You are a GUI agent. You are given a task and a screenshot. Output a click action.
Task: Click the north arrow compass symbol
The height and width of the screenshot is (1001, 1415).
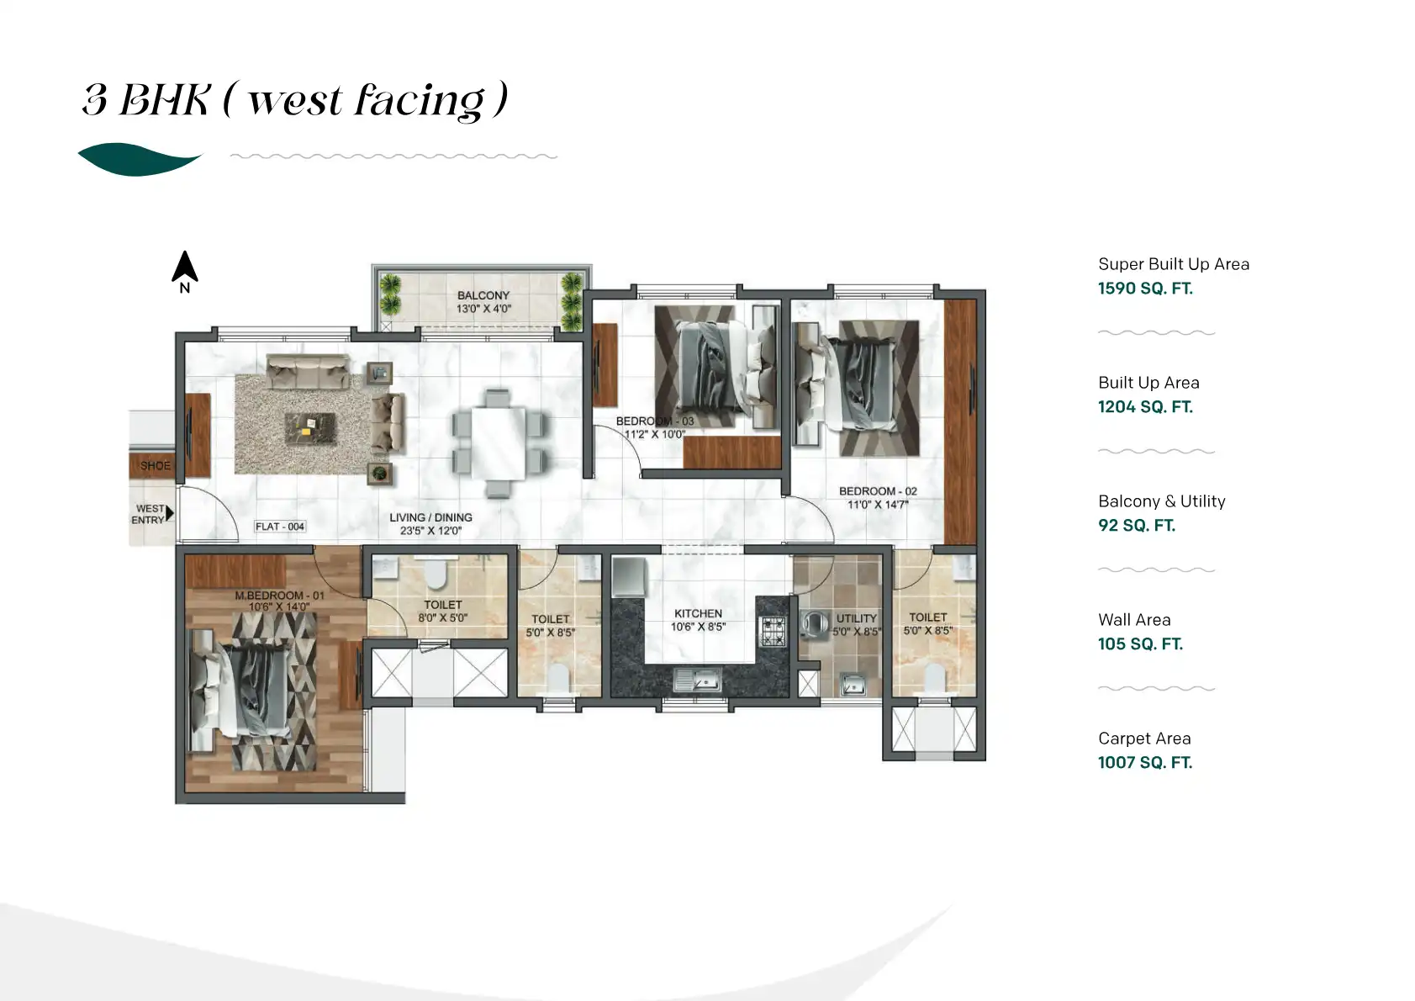pos(185,268)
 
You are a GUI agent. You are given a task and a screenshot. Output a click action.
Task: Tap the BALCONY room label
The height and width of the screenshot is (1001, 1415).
pos(483,295)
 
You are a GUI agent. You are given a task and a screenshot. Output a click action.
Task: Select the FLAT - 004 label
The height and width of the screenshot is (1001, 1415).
pos(280,527)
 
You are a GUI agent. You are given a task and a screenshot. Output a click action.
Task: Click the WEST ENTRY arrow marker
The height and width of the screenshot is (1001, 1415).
pos(170,513)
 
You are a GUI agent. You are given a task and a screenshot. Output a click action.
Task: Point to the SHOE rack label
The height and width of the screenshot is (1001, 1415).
pos(155,465)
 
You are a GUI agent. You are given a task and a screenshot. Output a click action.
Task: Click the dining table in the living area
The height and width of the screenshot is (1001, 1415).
pos(498,442)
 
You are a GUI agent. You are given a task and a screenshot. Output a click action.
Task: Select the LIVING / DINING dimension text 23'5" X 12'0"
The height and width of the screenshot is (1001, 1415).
pos(430,531)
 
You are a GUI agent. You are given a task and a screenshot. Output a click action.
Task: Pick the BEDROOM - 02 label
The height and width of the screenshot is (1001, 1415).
pos(878,491)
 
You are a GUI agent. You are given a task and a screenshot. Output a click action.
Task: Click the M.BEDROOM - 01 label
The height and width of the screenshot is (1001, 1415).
pos(279,596)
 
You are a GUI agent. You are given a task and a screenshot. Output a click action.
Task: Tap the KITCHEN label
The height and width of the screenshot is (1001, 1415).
pos(698,614)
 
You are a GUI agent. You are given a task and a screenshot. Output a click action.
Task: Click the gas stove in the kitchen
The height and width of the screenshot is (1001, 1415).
pos(773,631)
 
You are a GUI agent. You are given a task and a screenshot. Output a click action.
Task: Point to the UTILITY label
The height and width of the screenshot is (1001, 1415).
pos(856,618)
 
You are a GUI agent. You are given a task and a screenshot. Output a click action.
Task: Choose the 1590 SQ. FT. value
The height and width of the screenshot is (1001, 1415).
pos(1145,289)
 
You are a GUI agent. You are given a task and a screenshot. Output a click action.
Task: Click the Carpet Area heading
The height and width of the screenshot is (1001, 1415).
pos(1144,739)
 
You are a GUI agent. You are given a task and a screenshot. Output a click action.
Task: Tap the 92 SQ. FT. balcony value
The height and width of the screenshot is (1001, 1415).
pos(1137,526)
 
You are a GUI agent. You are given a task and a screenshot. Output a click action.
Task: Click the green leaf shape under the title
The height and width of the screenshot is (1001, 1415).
pos(139,159)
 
